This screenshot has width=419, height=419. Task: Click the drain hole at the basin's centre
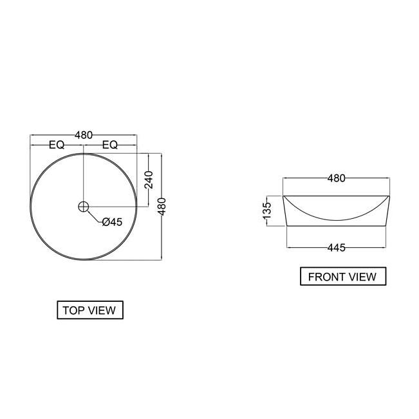(x=83, y=207)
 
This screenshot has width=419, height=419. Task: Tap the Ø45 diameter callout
(x=111, y=222)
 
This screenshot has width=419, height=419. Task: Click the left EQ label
(x=57, y=145)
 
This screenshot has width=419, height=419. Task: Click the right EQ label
(x=109, y=145)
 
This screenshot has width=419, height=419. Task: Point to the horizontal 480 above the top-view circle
(x=84, y=135)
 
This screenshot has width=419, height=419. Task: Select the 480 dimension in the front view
(x=336, y=178)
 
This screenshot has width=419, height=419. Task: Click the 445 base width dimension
(x=336, y=247)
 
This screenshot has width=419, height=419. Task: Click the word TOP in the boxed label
(x=73, y=310)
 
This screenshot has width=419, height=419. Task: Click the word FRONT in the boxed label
(x=326, y=277)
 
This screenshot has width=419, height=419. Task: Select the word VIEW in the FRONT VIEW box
(x=362, y=277)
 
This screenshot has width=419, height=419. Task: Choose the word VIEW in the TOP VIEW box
(x=102, y=310)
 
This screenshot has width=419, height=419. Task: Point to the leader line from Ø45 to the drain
(x=93, y=216)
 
